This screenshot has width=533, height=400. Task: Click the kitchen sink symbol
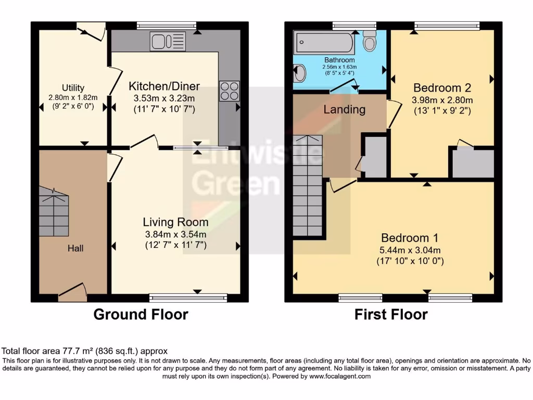click(168, 42)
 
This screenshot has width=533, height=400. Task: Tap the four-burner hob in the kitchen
click(230, 91)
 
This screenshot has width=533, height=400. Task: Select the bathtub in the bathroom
click(324, 43)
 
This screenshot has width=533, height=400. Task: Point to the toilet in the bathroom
click(370, 41)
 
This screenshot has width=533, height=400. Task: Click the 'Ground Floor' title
click(141, 315)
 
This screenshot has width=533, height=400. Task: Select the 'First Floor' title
click(391, 315)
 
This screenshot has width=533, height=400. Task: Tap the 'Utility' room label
click(73, 88)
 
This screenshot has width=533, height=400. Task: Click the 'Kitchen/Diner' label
click(164, 86)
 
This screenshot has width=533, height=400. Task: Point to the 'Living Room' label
click(176, 223)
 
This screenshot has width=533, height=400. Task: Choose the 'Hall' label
click(75, 248)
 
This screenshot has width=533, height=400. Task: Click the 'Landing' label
click(344, 109)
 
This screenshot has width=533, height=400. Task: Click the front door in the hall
click(72, 293)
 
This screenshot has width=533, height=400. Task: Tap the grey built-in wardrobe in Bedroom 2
click(473, 164)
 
